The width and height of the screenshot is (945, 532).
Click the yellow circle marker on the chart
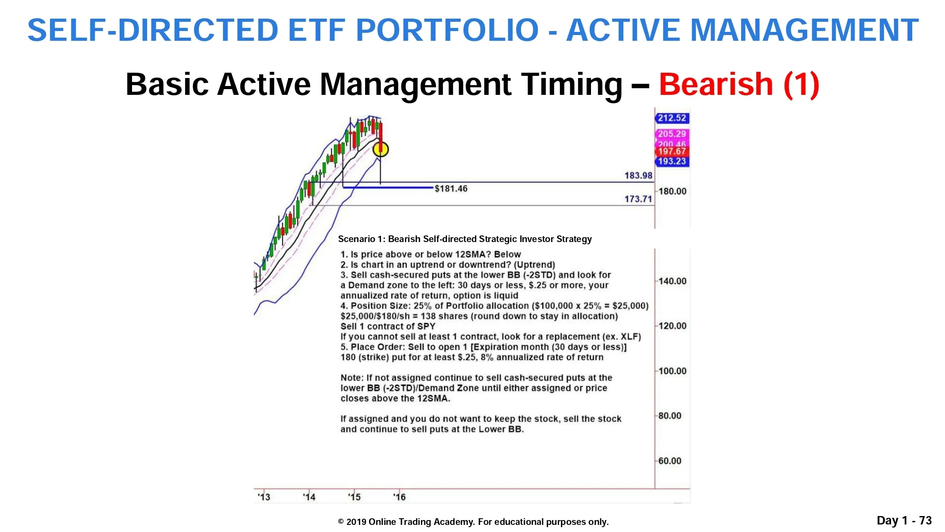tap(381, 150)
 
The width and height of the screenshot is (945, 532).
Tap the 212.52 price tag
tap(672, 118)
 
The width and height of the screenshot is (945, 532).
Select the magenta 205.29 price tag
tap(672, 134)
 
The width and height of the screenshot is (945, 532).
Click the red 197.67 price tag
tap(672, 152)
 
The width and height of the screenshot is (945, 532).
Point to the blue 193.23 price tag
tap(672, 161)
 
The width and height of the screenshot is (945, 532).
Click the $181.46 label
tap(451, 189)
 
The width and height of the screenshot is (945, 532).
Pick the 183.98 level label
tap(638, 176)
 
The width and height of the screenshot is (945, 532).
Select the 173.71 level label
tap(638, 199)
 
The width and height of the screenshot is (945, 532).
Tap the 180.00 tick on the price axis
tap(672, 192)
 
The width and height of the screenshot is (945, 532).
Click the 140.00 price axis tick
tap(672, 281)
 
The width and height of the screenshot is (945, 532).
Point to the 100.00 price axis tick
tap(672, 371)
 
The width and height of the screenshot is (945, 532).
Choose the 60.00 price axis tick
tap(669, 461)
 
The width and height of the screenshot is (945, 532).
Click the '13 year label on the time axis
tap(264, 497)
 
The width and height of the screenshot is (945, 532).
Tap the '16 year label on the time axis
tap(399, 497)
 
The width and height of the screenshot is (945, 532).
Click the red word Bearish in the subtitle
tap(716, 84)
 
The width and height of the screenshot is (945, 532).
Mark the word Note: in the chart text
tap(352, 378)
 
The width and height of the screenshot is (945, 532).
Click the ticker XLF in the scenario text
tap(629, 336)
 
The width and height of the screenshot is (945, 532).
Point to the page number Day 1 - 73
tap(904, 520)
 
